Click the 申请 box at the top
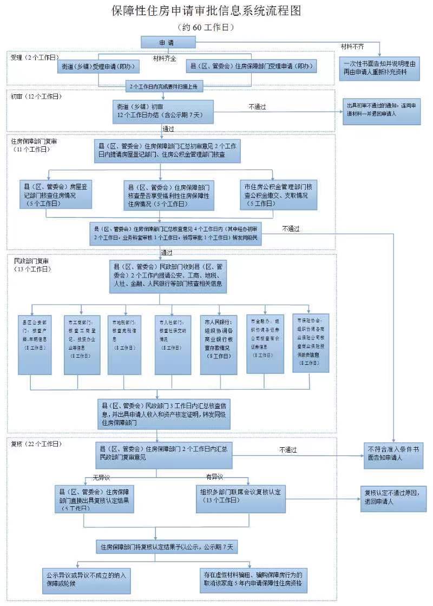tap(168, 42)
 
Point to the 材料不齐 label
tap(352, 45)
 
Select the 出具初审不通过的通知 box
tap(381, 111)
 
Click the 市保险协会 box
tap(311, 343)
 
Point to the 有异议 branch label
tap(214, 476)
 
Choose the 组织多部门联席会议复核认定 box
tap(241, 496)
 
